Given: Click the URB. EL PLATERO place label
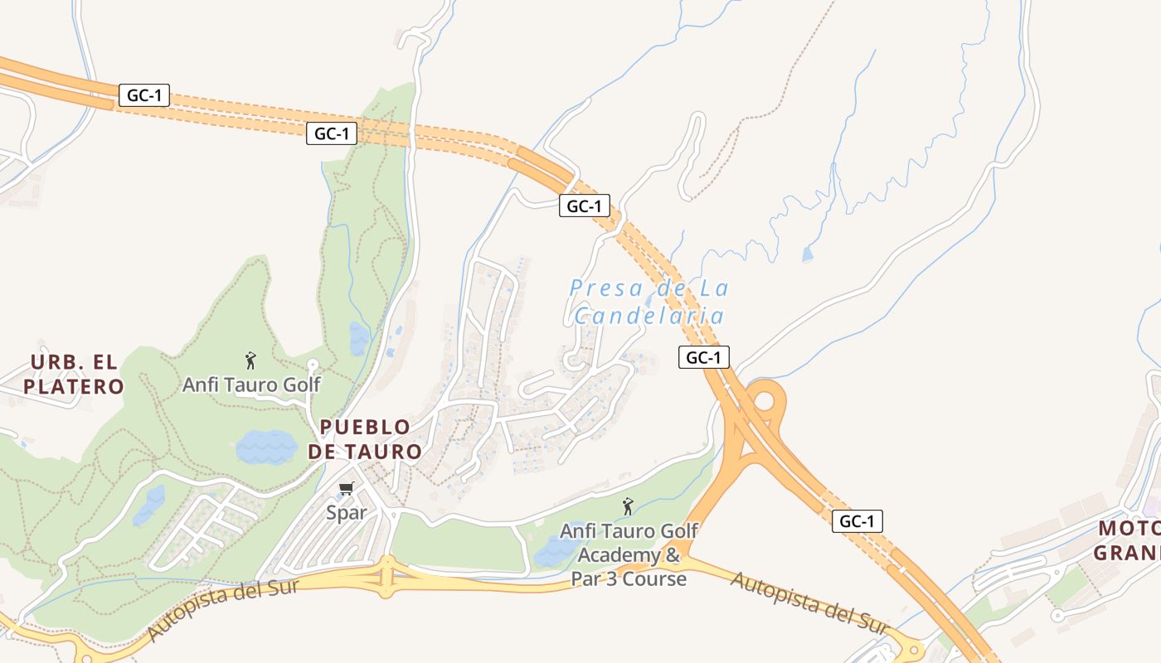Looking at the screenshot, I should [74, 374].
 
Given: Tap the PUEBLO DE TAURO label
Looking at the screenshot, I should [365, 439].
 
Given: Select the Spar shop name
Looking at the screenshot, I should [346, 513].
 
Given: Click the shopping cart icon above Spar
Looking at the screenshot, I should [347, 489].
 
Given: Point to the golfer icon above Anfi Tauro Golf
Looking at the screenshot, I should [251, 361].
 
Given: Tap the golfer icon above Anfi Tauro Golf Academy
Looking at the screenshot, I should [628, 506].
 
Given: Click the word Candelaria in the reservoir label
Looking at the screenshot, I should [649, 316].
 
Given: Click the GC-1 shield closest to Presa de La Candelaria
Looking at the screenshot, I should [704, 357].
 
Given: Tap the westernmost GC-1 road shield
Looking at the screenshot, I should [144, 95].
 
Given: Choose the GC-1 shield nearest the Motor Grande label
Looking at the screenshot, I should [857, 521].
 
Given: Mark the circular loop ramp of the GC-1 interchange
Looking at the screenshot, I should [765, 402].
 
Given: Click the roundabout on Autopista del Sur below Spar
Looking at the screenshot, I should [386, 575].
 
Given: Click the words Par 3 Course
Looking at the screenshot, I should [629, 578].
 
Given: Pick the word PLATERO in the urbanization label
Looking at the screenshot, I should [74, 386].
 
